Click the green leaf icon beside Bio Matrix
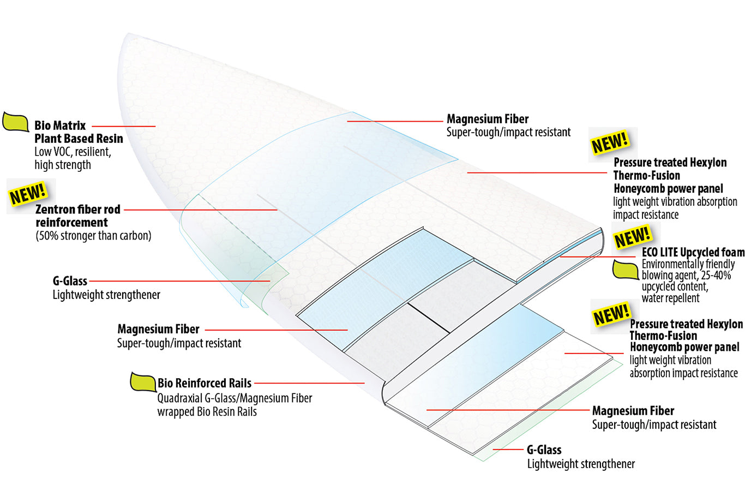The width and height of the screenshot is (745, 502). (15, 122)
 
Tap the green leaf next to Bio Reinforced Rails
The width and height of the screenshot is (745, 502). (143, 382)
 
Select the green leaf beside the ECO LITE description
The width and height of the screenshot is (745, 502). (626, 270)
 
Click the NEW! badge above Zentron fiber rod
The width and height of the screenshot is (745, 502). (28, 194)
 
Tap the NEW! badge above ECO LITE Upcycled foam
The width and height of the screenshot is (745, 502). (632, 237)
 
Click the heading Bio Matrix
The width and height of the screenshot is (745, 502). (60, 125)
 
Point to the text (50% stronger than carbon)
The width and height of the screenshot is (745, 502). (93, 236)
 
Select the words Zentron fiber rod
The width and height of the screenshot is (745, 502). (78, 209)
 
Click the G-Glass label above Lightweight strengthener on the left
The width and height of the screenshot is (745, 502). (70, 281)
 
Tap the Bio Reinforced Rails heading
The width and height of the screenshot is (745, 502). (204, 383)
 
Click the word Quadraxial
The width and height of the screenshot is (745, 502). (179, 398)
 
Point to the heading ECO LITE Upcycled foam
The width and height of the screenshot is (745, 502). (693, 252)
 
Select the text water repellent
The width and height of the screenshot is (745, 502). (670, 298)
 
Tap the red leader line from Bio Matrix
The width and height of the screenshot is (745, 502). (123, 127)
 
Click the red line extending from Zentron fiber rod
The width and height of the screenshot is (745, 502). (201, 210)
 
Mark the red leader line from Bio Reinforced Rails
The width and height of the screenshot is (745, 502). (309, 383)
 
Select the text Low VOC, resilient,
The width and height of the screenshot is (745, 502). (73, 152)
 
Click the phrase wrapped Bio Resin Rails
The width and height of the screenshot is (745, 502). (207, 411)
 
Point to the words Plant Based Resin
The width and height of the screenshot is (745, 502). (79, 139)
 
